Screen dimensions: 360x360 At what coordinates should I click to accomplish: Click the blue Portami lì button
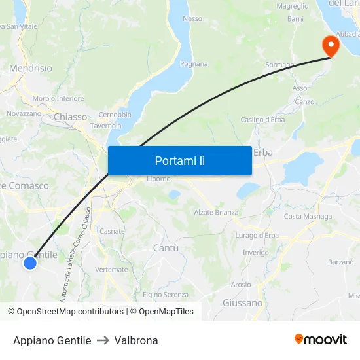click(179, 160)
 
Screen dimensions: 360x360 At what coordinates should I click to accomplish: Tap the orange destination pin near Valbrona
click(331, 45)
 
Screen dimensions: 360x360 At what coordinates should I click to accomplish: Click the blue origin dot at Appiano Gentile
click(30, 263)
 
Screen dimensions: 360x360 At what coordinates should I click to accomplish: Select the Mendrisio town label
click(31, 68)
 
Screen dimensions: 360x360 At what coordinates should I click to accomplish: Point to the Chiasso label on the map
click(71, 117)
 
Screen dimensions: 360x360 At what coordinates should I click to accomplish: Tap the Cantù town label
click(165, 248)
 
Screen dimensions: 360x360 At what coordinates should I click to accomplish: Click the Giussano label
click(242, 303)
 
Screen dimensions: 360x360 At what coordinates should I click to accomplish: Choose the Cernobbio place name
click(115, 115)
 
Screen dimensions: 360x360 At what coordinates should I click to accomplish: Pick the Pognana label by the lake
click(194, 64)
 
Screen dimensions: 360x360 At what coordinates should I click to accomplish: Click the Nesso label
click(192, 19)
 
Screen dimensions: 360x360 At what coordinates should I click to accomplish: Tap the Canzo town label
click(304, 102)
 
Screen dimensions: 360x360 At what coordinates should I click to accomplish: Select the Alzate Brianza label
click(216, 213)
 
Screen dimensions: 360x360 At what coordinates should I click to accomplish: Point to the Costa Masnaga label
click(308, 217)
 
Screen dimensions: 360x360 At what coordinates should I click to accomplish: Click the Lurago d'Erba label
click(257, 236)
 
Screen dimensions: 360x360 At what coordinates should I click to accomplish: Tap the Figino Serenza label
click(165, 295)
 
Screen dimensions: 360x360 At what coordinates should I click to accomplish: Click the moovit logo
click(320, 339)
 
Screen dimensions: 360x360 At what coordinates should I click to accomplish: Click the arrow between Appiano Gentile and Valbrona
click(102, 340)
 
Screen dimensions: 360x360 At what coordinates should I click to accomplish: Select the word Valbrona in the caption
click(136, 340)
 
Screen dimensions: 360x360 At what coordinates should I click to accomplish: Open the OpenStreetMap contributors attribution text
click(69, 312)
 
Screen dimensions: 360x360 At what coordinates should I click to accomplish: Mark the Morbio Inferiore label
click(58, 99)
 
